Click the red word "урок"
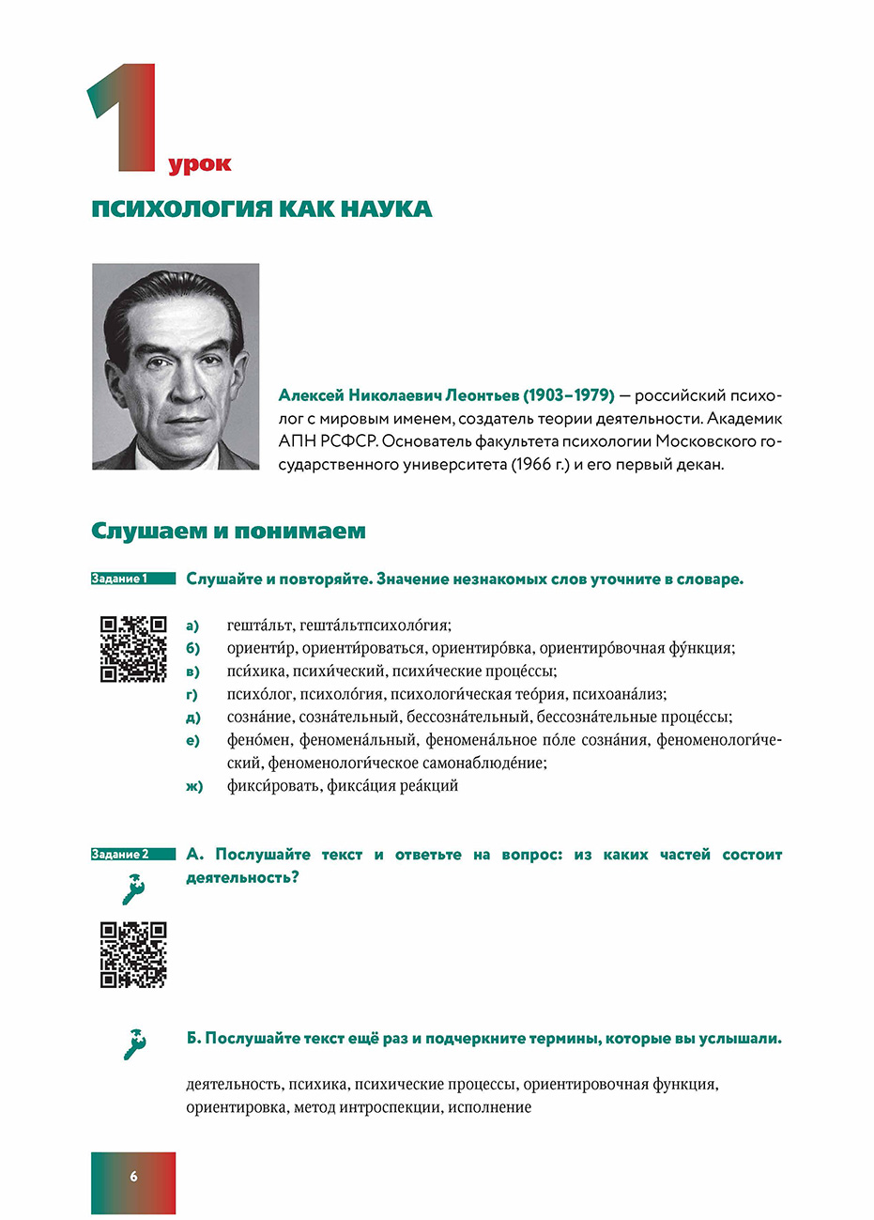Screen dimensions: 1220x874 200,165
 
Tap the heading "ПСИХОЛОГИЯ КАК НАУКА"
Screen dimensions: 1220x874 262,208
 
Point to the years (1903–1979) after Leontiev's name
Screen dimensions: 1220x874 569,395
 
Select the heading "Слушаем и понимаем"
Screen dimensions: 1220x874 228,532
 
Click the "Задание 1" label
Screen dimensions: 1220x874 119,579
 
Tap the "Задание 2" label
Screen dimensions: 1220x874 120,855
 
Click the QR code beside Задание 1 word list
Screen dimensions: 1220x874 133,648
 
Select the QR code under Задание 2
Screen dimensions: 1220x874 133,954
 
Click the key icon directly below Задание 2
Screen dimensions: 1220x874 133,888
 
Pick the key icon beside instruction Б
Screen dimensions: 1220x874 134,1042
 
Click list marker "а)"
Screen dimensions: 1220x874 192,625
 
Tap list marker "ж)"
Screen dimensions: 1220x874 194,787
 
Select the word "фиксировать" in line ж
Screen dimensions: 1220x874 273,786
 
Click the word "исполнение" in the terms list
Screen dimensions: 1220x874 489,1107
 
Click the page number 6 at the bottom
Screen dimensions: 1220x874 133,1176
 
